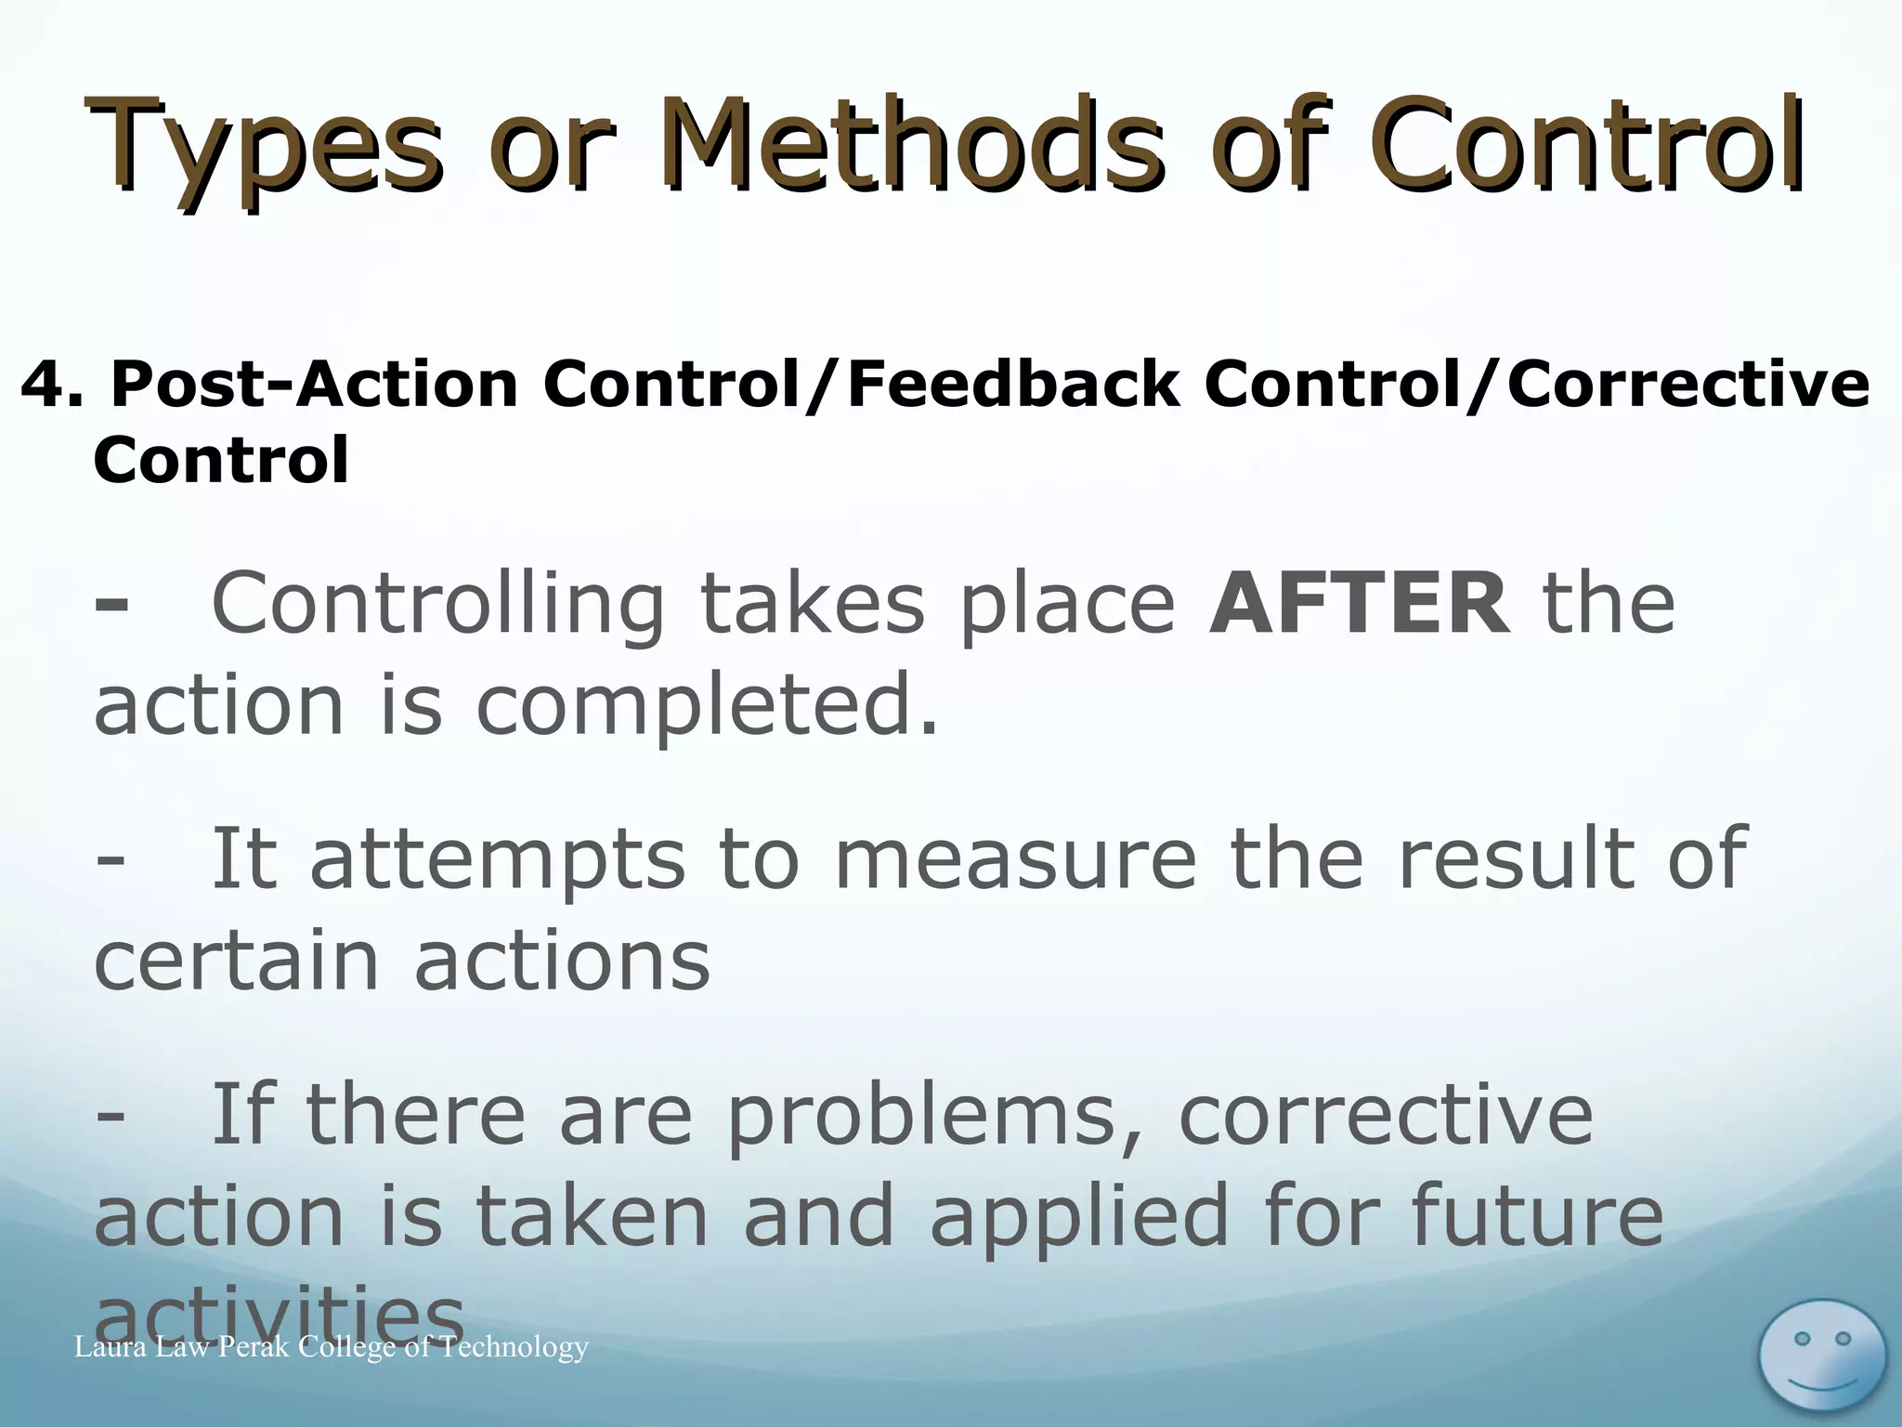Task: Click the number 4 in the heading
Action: click(x=43, y=386)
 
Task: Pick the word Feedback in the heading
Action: click(x=1014, y=386)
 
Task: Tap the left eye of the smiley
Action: click(x=1802, y=1339)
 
